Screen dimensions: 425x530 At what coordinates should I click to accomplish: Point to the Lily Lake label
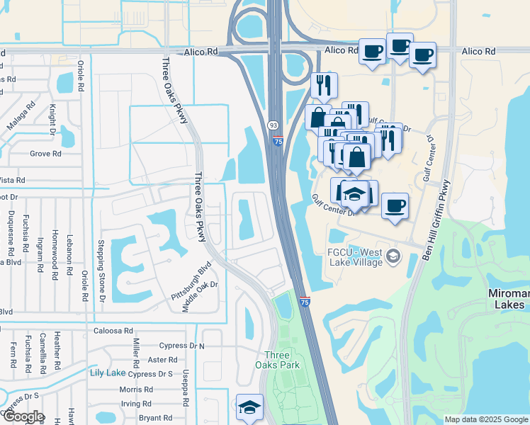point(107,373)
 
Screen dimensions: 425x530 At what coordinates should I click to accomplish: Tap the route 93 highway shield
point(273,125)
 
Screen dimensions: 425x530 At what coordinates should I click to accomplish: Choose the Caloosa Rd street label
point(113,331)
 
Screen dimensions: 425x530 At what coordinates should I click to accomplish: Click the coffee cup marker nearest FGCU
point(395,205)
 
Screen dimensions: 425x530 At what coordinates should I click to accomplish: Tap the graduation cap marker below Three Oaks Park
point(249,407)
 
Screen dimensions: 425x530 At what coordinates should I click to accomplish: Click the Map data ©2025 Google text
point(487,419)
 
